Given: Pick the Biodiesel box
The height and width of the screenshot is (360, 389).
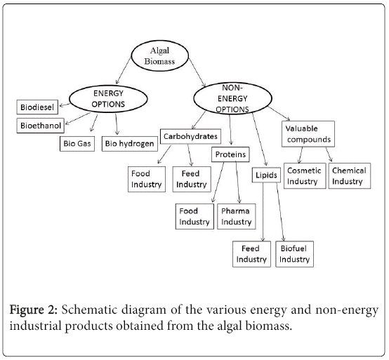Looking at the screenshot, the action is (x=37, y=107).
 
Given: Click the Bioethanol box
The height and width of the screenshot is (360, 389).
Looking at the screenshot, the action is (x=41, y=126).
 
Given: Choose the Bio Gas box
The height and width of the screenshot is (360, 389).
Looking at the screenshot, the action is (x=77, y=144).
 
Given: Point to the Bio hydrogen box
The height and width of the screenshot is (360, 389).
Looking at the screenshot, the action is (x=129, y=144).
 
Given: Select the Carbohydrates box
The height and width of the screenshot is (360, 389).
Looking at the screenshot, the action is (x=190, y=136).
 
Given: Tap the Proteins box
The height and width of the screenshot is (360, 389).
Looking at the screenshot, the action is (x=230, y=154).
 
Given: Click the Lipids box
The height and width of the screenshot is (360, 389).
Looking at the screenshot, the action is (x=266, y=175).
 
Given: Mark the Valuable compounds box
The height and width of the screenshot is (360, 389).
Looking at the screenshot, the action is (x=308, y=134).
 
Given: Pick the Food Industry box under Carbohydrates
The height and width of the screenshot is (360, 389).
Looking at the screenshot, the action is (x=147, y=179).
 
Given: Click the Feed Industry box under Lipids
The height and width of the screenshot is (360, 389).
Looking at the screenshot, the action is (x=251, y=254).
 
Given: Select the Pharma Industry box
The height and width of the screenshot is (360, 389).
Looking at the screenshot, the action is (x=237, y=216).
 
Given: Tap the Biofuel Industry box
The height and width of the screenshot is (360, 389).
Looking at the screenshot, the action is (x=294, y=254).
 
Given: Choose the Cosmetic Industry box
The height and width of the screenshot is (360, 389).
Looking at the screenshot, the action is (x=305, y=175).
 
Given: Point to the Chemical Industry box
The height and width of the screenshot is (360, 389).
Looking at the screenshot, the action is (x=350, y=175).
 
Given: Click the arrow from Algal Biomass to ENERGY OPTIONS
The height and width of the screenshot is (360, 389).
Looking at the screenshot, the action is (x=124, y=71).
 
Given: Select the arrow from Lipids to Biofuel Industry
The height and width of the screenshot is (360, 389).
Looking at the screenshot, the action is (x=280, y=212).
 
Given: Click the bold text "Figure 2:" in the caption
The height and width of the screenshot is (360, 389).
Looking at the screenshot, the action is (x=34, y=310).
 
